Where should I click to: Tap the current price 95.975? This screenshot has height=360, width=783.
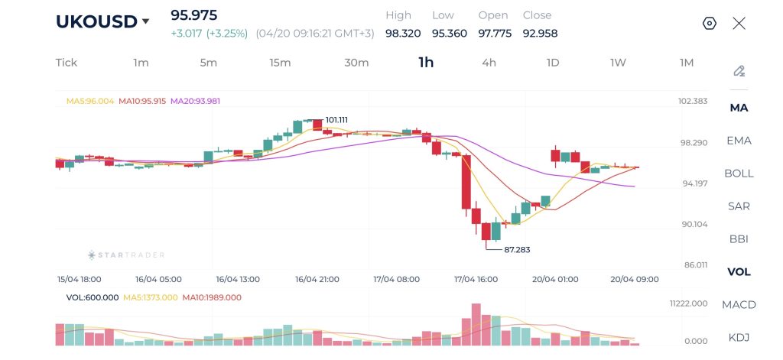(193, 15)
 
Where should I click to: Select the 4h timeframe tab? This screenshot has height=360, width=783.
(489, 63)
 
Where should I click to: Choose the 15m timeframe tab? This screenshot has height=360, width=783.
(280, 63)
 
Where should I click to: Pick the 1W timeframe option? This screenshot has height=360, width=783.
(618, 63)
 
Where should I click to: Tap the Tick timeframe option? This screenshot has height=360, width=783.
(67, 63)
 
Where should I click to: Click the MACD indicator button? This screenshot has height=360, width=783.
(739, 305)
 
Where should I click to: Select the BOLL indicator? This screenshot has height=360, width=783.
(739, 174)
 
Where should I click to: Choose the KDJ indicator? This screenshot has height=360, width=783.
(739, 338)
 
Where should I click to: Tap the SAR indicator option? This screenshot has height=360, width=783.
(739, 206)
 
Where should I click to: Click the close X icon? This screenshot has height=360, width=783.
(739, 24)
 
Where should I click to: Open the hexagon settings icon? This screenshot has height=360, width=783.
(710, 24)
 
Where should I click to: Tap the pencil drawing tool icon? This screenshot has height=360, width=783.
(739, 71)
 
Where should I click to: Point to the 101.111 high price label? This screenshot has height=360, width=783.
(336, 120)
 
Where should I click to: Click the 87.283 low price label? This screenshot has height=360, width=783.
(517, 250)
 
